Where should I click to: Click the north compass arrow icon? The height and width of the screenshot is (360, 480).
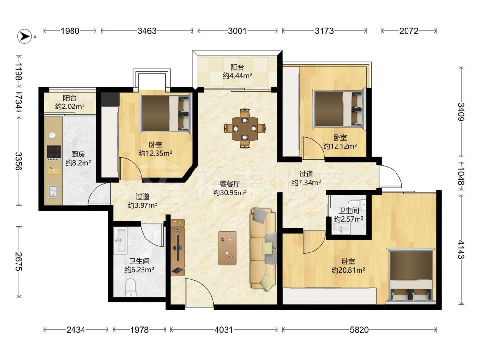24,36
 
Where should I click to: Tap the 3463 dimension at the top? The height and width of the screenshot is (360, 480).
147,31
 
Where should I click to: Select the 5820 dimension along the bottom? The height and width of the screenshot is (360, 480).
360,330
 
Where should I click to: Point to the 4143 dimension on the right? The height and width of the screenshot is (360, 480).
461,250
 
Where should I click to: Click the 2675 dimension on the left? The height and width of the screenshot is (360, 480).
19,262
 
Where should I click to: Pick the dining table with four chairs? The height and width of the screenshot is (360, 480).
245,128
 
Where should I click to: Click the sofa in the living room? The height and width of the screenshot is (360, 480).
263,249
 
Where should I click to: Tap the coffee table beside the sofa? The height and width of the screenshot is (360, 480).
228,248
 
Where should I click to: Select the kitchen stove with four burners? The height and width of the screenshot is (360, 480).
54,152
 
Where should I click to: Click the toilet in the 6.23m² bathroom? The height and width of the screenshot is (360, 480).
131,287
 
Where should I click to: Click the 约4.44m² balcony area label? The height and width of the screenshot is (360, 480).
238,76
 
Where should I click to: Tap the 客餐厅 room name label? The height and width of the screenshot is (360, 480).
229,184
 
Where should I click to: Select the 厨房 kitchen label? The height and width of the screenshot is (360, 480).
78,154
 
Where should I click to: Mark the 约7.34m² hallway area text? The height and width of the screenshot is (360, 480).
306,183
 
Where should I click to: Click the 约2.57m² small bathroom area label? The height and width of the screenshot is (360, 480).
348,219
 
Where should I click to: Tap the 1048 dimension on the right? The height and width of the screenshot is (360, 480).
461,176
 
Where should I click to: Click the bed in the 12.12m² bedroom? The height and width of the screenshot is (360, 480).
339,108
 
